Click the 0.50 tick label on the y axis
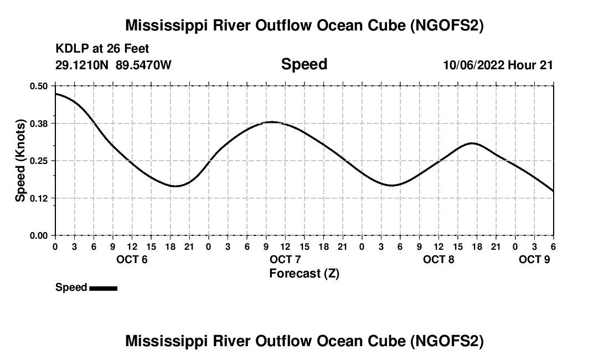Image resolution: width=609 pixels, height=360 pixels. pyautogui.click(x=39, y=86)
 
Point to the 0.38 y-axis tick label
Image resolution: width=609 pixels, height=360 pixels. pyautogui.click(x=39, y=123)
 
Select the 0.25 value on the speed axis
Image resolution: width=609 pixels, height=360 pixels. pyautogui.click(x=39, y=161)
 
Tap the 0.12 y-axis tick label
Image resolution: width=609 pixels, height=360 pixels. pyautogui.click(x=39, y=198)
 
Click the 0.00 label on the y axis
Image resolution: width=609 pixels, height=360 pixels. pyautogui.click(x=39, y=235)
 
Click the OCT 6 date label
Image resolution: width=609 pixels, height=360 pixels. pyautogui.click(x=132, y=259)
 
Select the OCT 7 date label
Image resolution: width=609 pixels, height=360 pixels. pyautogui.click(x=285, y=259)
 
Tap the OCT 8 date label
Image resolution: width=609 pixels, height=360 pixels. pyautogui.click(x=438, y=259)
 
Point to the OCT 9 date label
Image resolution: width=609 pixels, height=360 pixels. pyautogui.click(x=534, y=259)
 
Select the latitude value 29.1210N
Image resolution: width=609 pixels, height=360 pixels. pyautogui.click(x=82, y=65)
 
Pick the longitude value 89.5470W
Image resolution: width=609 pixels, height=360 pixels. pyautogui.click(x=143, y=65)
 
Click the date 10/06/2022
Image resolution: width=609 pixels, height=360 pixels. pyautogui.click(x=473, y=65)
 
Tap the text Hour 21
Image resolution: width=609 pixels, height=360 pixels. pyautogui.click(x=531, y=65)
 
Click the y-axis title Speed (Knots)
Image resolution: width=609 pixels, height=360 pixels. pyautogui.click(x=20, y=161)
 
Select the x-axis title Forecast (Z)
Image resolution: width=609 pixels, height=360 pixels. pyautogui.click(x=304, y=274)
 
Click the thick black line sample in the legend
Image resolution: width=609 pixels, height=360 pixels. pyautogui.click(x=103, y=288)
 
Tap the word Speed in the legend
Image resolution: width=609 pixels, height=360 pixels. pyautogui.click(x=71, y=287)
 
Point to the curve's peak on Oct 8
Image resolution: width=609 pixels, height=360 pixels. pyautogui.click(x=472, y=143)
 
